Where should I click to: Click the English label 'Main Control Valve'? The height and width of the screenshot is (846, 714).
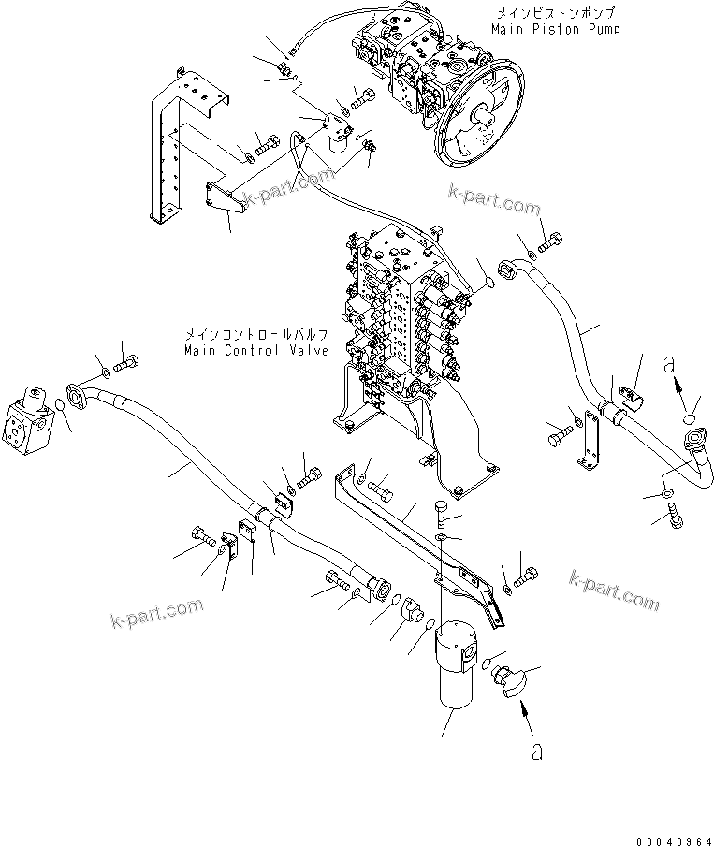(x=255, y=351)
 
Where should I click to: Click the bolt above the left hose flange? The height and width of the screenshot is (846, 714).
(x=126, y=359)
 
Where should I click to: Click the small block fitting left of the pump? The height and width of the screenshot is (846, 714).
(x=334, y=129)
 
